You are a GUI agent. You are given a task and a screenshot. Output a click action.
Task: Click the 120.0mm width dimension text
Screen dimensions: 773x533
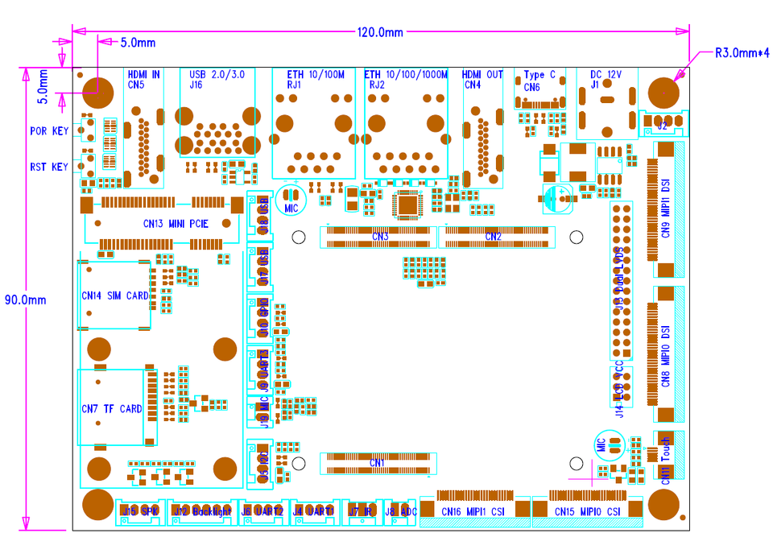(380, 32)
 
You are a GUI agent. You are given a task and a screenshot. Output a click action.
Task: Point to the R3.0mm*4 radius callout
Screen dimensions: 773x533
(742, 54)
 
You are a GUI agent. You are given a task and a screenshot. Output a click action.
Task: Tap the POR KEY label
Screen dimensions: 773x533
(49, 130)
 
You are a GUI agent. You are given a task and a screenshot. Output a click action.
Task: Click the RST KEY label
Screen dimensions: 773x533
(49, 167)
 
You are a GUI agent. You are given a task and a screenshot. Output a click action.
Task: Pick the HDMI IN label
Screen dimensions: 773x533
(143, 75)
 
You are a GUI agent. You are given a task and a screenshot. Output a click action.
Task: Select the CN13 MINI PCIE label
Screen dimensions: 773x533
(176, 224)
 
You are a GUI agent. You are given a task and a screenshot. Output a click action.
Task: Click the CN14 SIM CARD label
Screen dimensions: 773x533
(115, 295)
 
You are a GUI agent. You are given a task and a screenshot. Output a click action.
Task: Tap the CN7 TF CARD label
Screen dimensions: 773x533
(112, 409)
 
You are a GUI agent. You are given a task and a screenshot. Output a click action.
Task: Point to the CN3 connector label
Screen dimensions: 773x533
(380, 237)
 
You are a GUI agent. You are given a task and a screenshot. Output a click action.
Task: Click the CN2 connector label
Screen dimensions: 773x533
(494, 237)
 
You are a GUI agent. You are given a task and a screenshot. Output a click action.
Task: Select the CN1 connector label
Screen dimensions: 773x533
(377, 463)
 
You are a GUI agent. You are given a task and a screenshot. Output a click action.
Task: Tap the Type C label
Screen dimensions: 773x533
(539, 75)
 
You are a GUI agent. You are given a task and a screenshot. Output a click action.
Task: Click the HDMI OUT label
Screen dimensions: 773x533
(483, 75)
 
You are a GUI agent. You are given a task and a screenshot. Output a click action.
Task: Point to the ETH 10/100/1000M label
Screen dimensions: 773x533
(406, 75)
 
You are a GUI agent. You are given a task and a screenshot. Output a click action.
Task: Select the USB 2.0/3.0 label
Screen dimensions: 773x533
(216, 74)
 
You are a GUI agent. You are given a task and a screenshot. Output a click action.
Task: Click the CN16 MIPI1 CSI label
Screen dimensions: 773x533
(473, 511)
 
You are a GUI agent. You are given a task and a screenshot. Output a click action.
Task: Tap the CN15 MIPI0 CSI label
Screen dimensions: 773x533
(587, 511)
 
